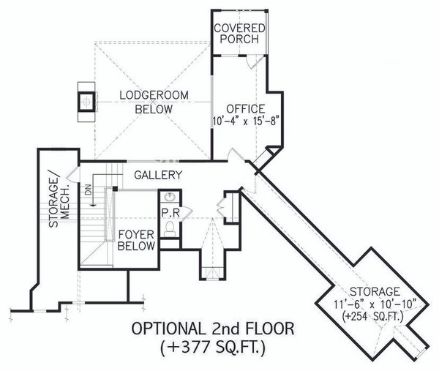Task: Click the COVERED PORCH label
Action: [x=239, y=33]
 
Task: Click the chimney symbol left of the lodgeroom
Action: [x=86, y=100]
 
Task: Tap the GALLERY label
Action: [x=157, y=176]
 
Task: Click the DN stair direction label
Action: [x=89, y=190]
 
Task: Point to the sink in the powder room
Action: [x=170, y=198]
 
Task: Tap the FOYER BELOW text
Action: [x=137, y=240]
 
